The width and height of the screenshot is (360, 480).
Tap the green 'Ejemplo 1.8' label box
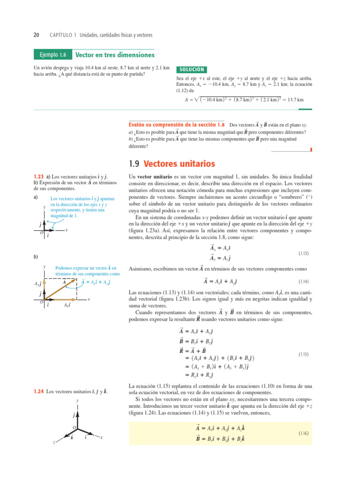click(x=52, y=55)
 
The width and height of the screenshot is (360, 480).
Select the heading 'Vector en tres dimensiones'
click(x=115, y=54)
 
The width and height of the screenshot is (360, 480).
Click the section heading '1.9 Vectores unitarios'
click(x=172, y=164)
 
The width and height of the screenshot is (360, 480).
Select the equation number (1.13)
click(x=302, y=253)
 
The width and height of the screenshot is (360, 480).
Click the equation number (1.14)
click(x=302, y=282)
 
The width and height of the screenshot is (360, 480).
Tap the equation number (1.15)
click(x=302, y=354)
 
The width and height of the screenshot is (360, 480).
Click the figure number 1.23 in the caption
click(x=38, y=176)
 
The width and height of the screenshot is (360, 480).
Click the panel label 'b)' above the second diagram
click(x=36, y=257)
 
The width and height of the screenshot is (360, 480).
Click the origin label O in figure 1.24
click(x=74, y=427)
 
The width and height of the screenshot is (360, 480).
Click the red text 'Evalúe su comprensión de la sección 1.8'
click(x=177, y=126)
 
